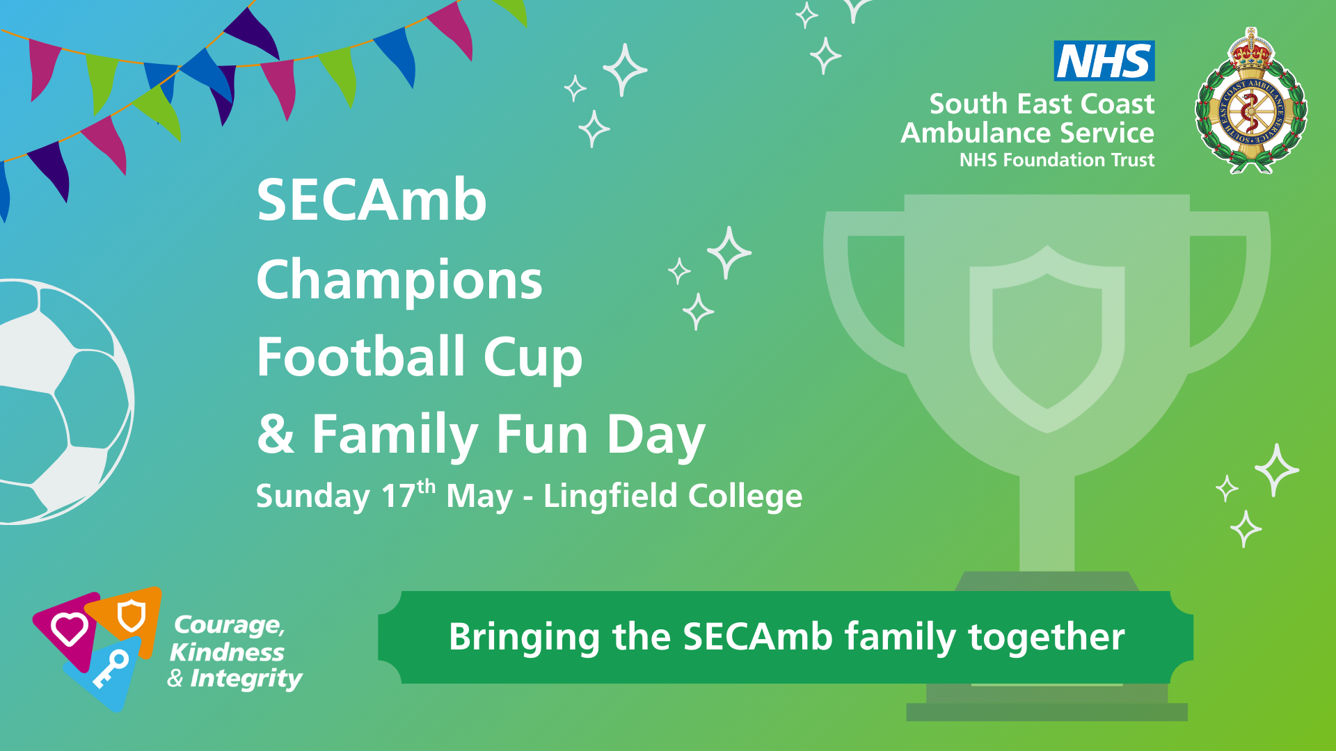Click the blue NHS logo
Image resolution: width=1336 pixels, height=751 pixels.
tap(1104, 60)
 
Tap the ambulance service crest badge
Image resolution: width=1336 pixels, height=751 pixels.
tap(1251, 102)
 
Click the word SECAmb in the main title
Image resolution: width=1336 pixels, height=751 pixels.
tap(372, 200)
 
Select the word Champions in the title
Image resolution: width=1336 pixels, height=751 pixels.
tap(399, 280)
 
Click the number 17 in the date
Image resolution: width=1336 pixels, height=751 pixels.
tap(398, 496)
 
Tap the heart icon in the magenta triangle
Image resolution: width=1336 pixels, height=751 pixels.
tap(69, 629)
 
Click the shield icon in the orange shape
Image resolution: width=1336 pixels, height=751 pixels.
tap(130, 615)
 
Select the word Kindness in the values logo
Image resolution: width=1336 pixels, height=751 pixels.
tap(227, 652)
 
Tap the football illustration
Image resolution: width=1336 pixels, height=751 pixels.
tap(63, 401)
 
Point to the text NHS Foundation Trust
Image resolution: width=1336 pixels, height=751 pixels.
tap(1057, 160)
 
